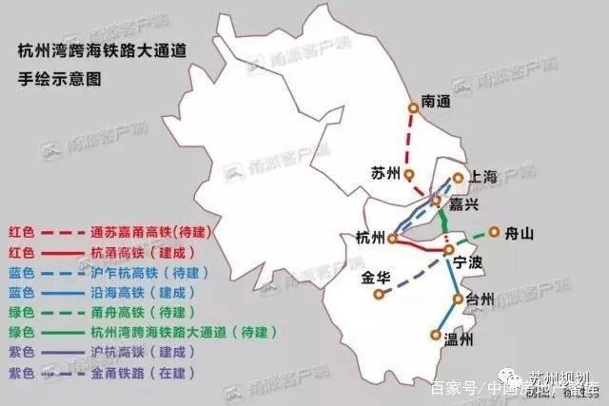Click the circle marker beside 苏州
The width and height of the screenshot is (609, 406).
[408, 175]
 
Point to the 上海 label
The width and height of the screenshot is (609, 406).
[481, 177]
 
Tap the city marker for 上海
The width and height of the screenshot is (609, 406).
[458, 178]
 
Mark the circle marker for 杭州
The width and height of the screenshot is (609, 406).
[391, 238]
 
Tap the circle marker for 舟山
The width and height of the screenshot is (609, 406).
[494, 230]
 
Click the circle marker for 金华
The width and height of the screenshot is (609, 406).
[379, 295]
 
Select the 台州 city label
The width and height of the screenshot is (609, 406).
[481, 299]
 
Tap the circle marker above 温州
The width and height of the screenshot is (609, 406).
[435, 334]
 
